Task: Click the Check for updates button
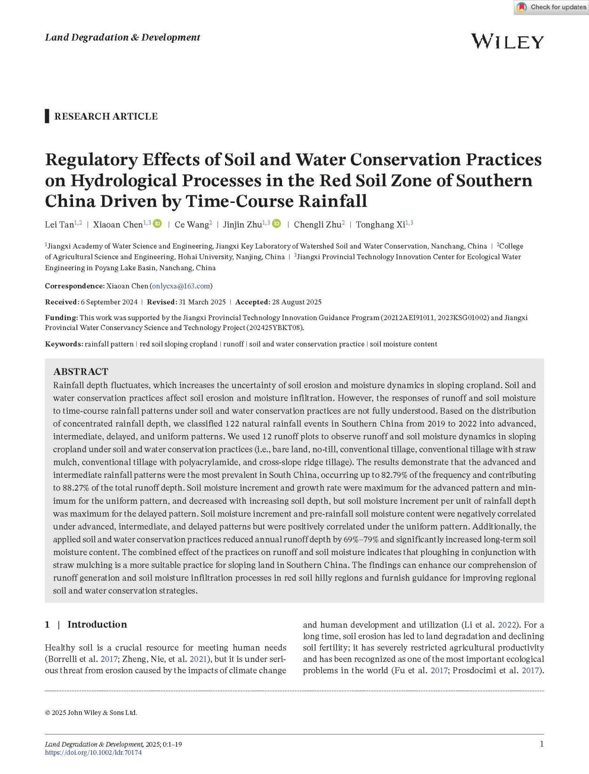[x=551, y=8]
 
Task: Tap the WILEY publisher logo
[x=507, y=41]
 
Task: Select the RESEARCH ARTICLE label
[x=106, y=116]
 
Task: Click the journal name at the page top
[x=122, y=37]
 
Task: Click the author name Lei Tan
[x=59, y=225]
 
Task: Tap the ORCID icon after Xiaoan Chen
[x=158, y=224]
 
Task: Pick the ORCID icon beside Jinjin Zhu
[x=277, y=224]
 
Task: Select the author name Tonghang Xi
[x=380, y=225]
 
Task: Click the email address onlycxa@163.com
[x=181, y=286]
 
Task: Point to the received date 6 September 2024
[x=109, y=302]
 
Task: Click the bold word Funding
[x=61, y=317]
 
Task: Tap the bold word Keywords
[x=64, y=344]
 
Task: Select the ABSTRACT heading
[x=81, y=371]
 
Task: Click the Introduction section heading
[x=97, y=624]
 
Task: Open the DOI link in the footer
[x=93, y=752]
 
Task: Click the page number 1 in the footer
[x=541, y=744]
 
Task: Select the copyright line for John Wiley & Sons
[x=91, y=712]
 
